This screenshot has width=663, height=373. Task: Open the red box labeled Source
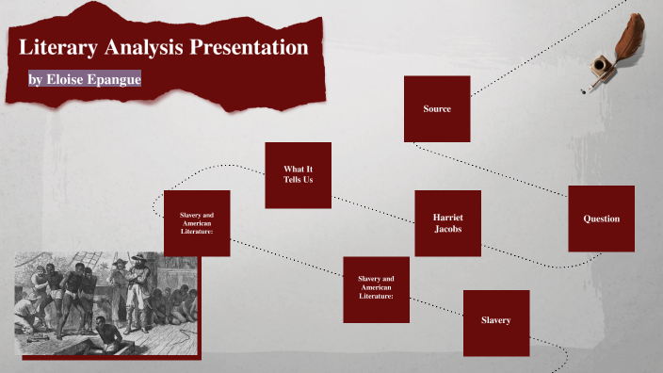click(437, 108)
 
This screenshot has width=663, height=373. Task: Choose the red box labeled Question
click(601, 219)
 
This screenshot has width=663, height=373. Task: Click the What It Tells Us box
click(298, 174)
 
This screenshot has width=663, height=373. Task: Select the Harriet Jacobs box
click(447, 223)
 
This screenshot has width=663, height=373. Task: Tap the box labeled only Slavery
click(495, 322)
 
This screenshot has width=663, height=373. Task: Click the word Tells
click(292, 179)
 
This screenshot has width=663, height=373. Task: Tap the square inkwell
click(599, 68)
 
